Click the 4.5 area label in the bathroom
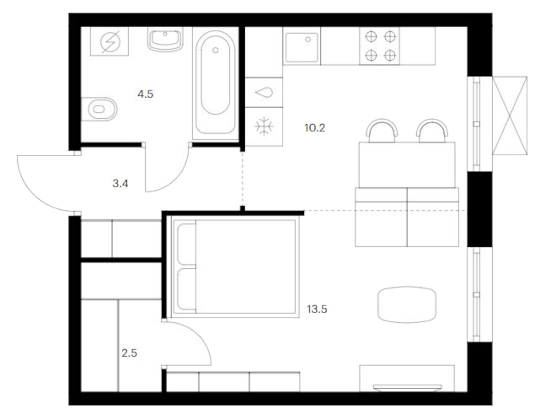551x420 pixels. click(x=145, y=94)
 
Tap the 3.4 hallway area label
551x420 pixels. click(x=120, y=184)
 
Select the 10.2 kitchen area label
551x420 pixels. click(x=314, y=128)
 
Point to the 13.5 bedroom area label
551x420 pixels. click(x=317, y=309)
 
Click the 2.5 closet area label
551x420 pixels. click(x=129, y=353)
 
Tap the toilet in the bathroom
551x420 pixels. click(x=99, y=109)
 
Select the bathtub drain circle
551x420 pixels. click(x=216, y=50)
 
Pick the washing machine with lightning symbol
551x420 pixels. click(x=110, y=41)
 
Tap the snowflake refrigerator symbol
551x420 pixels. click(x=264, y=126)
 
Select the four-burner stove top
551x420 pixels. click(x=380, y=46)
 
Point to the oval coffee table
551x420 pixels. click(x=407, y=305)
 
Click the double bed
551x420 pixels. click(x=235, y=267)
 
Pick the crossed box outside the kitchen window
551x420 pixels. click(x=510, y=115)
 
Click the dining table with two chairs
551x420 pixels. click(x=407, y=165)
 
